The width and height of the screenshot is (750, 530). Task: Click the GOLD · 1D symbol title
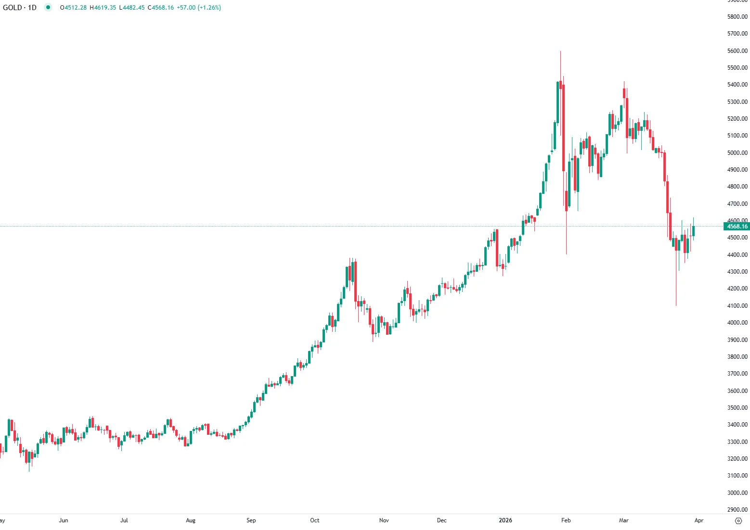(x=20, y=8)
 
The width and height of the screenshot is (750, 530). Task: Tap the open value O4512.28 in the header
(x=73, y=8)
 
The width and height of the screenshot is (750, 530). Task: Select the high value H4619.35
(x=103, y=8)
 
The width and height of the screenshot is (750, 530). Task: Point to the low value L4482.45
(x=132, y=8)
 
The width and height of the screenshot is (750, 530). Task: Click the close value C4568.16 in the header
(x=161, y=8)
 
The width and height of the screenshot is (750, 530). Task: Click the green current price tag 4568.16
(x=737, y=227)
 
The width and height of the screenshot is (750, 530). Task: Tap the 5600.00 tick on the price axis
(x=737, y=51)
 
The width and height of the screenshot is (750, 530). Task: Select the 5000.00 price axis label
(x=737, y=153)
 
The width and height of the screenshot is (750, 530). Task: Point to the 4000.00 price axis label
(x=737, y=323)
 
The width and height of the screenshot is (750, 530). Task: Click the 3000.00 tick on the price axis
(x=737, y=492)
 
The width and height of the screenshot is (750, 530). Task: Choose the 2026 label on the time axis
(x=505, y=520)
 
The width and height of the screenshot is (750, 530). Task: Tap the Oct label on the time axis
(x=315, y=520)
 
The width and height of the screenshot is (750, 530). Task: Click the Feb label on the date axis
(x=566, y=520)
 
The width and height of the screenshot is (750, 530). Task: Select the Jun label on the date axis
(x=64, y=520)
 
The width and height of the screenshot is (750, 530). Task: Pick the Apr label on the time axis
(x=699, y=520)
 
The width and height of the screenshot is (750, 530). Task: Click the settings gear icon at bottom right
(x=739, y=521)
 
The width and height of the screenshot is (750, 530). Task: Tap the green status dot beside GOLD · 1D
(x=48, y=7)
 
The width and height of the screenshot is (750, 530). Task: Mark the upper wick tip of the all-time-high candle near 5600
(x=560, y=51)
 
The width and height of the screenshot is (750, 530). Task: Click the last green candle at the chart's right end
(x=694, y=231)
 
